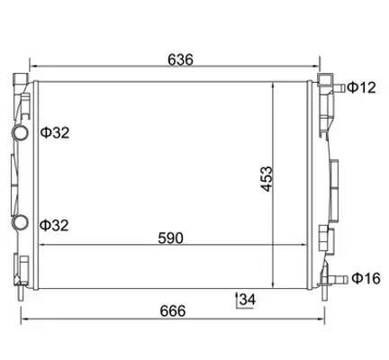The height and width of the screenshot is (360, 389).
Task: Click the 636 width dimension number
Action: [x=180, y=59]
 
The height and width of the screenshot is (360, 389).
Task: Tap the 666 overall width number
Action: [x=172, y=310]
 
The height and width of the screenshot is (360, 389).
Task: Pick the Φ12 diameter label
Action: [x=361, y=87]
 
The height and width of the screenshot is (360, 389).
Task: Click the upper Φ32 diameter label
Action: [x=55, y=133]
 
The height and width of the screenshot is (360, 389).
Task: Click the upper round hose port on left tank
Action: [x=20, y=133]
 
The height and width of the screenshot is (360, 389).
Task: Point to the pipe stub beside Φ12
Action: [x=339, y=87]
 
